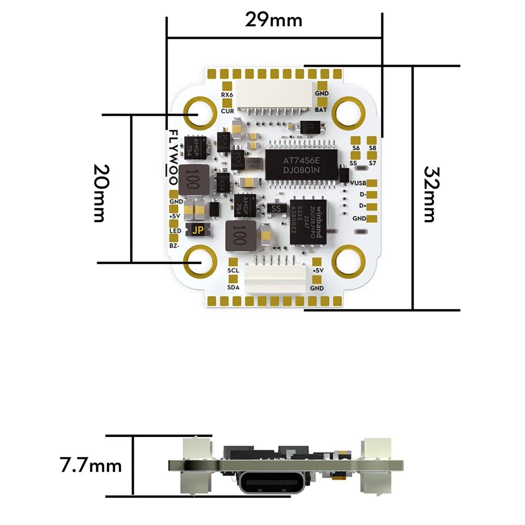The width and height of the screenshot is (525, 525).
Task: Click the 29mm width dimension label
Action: coord(274,19)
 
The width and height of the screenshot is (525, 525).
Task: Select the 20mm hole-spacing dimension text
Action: coord(102,193)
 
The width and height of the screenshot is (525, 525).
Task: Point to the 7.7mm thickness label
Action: coord(91,465)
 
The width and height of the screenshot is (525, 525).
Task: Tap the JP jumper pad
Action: coord(198,230)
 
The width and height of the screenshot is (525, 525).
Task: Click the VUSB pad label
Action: coord(358,183)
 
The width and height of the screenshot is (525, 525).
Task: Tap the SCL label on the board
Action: coord(234,270)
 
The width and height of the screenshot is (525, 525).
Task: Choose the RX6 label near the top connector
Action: coord(227,94)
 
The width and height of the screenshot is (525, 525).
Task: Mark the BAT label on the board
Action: coord(321,110)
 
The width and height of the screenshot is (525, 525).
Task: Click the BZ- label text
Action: coord(174,246)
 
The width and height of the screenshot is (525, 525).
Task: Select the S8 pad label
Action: coord(373,148)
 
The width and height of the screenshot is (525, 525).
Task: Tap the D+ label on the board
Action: coord(362,206)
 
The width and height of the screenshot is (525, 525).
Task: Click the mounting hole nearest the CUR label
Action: coord(199,112)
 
